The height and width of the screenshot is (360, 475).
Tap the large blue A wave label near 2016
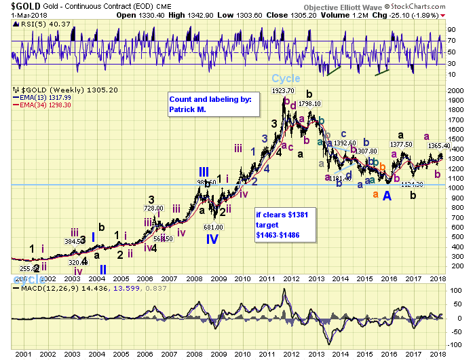(387, 196)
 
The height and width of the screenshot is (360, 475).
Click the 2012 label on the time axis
(292, 354)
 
